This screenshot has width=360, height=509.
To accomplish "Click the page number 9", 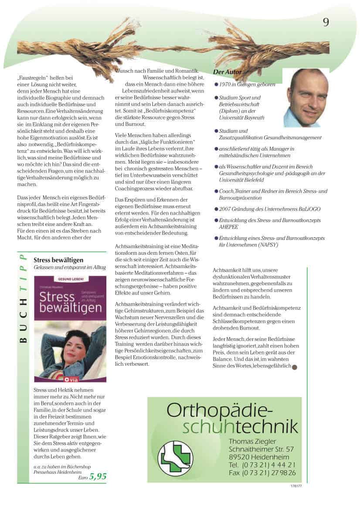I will pyautogui.click(x=326, y=22).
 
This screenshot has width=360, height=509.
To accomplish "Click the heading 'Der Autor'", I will pyautogui.click(x=228, y=72).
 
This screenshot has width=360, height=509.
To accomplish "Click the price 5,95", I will pyautogui.click(x=98, y=476).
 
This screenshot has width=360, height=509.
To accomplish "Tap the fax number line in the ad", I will pyautogui.click(x=262, y=472).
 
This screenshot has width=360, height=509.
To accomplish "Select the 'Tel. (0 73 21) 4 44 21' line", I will pyautogui.click(x=262, y=465).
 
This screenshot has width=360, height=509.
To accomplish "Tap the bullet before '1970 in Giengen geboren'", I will pyautogui.click(x=216, y=84).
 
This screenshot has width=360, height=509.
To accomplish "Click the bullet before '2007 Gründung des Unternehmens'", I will pyautogui.click(x=216, y=209).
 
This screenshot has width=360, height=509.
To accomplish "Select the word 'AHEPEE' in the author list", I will pyautogui.click(x=228, y=227).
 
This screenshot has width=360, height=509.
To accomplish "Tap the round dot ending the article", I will pyautogui.click(x=294, y=367).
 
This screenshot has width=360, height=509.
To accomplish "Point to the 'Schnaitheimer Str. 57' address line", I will pyautogui.click(x=261, y=449).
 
